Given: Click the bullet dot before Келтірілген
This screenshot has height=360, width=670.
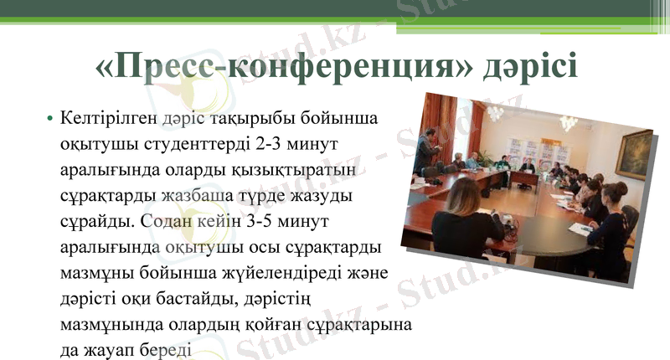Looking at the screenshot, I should point(50,119).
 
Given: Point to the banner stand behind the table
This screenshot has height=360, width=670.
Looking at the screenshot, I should point(529,152).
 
